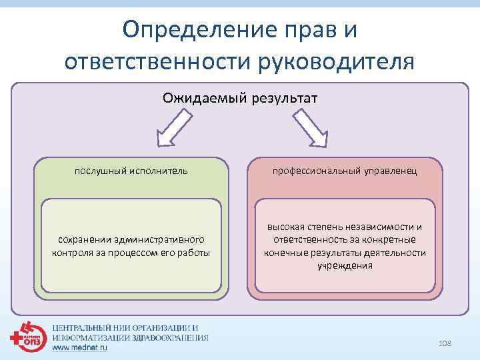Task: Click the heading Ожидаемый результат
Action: [x=240, y=99]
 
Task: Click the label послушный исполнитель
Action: [x=131, y=171]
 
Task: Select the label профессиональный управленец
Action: [x=345, y=171]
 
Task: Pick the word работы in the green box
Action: [x=195, y=253]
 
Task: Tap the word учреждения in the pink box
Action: [x=345, y=265]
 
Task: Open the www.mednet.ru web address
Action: [x=79, y=347]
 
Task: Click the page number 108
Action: [x=445, y=343]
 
